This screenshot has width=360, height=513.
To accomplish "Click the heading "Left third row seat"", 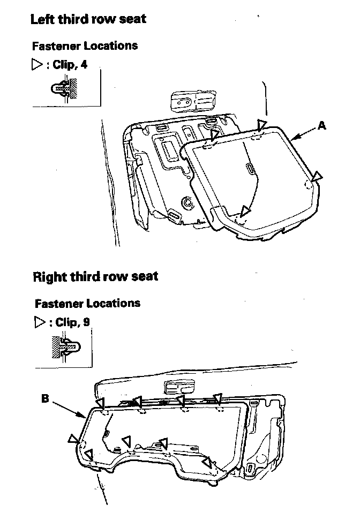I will pyautogui.click(x=88, y=19).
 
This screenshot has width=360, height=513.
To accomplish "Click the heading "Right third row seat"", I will pyautogui.click(x=95, y=276).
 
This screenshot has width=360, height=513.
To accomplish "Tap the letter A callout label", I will pyautogui.click(x=321, y=125).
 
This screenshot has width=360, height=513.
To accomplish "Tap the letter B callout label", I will pyautogui.click(x=46, y=398).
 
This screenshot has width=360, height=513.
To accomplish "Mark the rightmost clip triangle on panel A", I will pyautogui.click(x=318, y=176).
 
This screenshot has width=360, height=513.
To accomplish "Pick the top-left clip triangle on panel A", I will pyautogui.click(x=214, y=134).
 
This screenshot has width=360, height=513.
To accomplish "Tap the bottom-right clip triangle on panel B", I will pyautogui.click(x=206, y=462).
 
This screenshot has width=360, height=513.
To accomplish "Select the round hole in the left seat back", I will pyautogui.click(x=187, y=203).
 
